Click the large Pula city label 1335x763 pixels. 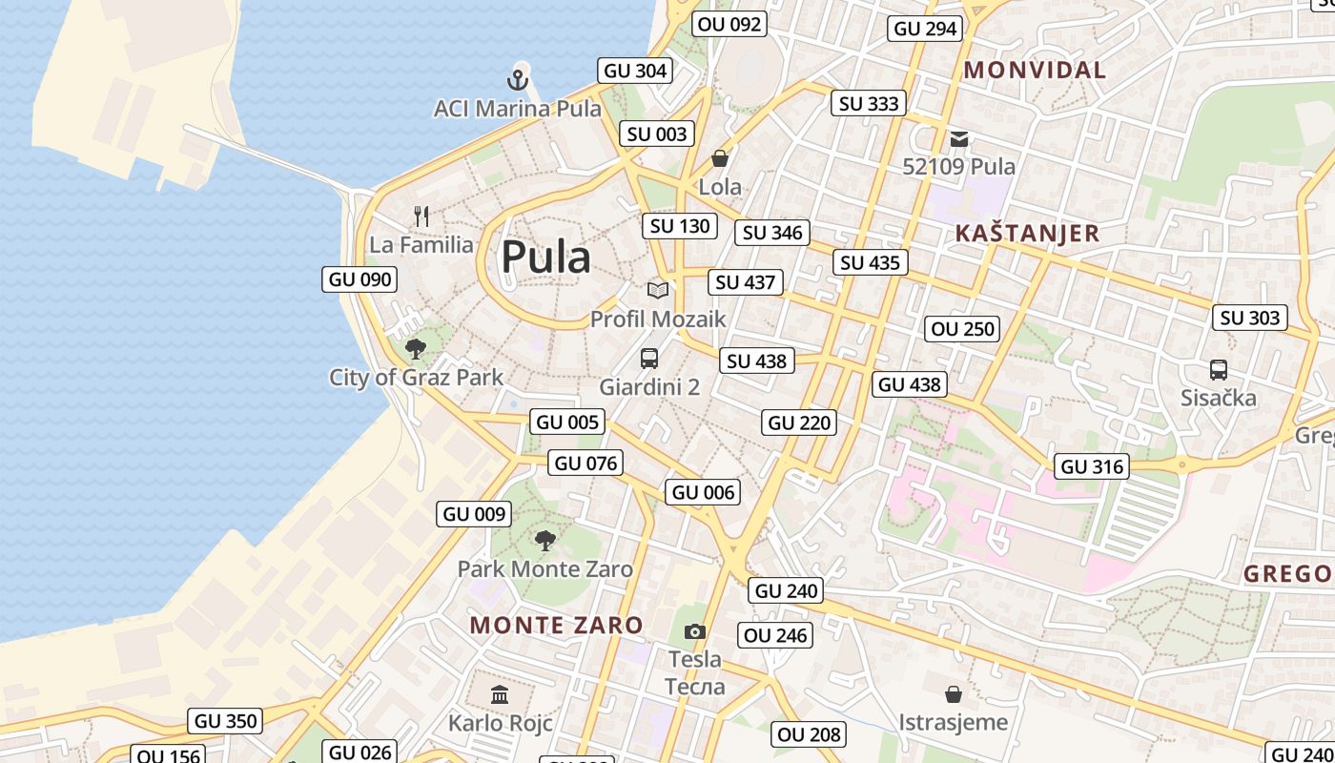(x=545, y=257)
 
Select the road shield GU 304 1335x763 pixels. (x=635, y=71)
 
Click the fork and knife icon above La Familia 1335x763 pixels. (x=421, y=217)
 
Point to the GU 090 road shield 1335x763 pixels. (x=359, y=279)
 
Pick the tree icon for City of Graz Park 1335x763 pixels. (x=415, y=348)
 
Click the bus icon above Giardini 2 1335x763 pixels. (x=649, y=359)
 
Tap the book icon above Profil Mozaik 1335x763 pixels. (x=658, y=290)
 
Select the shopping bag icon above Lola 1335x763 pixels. (x=720, y=157)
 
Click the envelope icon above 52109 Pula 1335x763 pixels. (x=959, y=139)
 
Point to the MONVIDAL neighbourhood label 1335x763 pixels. (x=1035, y=70)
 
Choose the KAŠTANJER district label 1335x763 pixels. (x=1027, y=234)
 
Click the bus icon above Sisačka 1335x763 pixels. (x=1218, y=369)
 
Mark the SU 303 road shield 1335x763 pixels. (x=1250, y=318)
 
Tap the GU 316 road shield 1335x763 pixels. (x=1092, y=466)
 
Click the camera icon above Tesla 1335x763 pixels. (x=695, y=630)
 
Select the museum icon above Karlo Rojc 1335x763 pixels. (x=500, y=694)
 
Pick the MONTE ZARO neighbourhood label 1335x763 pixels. (x=557, y=626)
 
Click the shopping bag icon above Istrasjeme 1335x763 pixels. (x=953, y=693)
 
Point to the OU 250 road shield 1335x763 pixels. (x=963, y=329)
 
